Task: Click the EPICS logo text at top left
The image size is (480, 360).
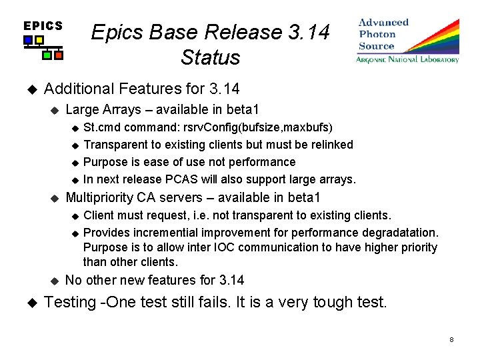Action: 43,26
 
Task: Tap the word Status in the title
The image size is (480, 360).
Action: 210,57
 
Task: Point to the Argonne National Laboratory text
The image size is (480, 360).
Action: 407,59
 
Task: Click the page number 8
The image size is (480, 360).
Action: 451,340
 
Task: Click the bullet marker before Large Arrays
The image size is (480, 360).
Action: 55,109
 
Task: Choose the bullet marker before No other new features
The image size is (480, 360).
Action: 55,280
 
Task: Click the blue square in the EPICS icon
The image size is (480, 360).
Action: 28,41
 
